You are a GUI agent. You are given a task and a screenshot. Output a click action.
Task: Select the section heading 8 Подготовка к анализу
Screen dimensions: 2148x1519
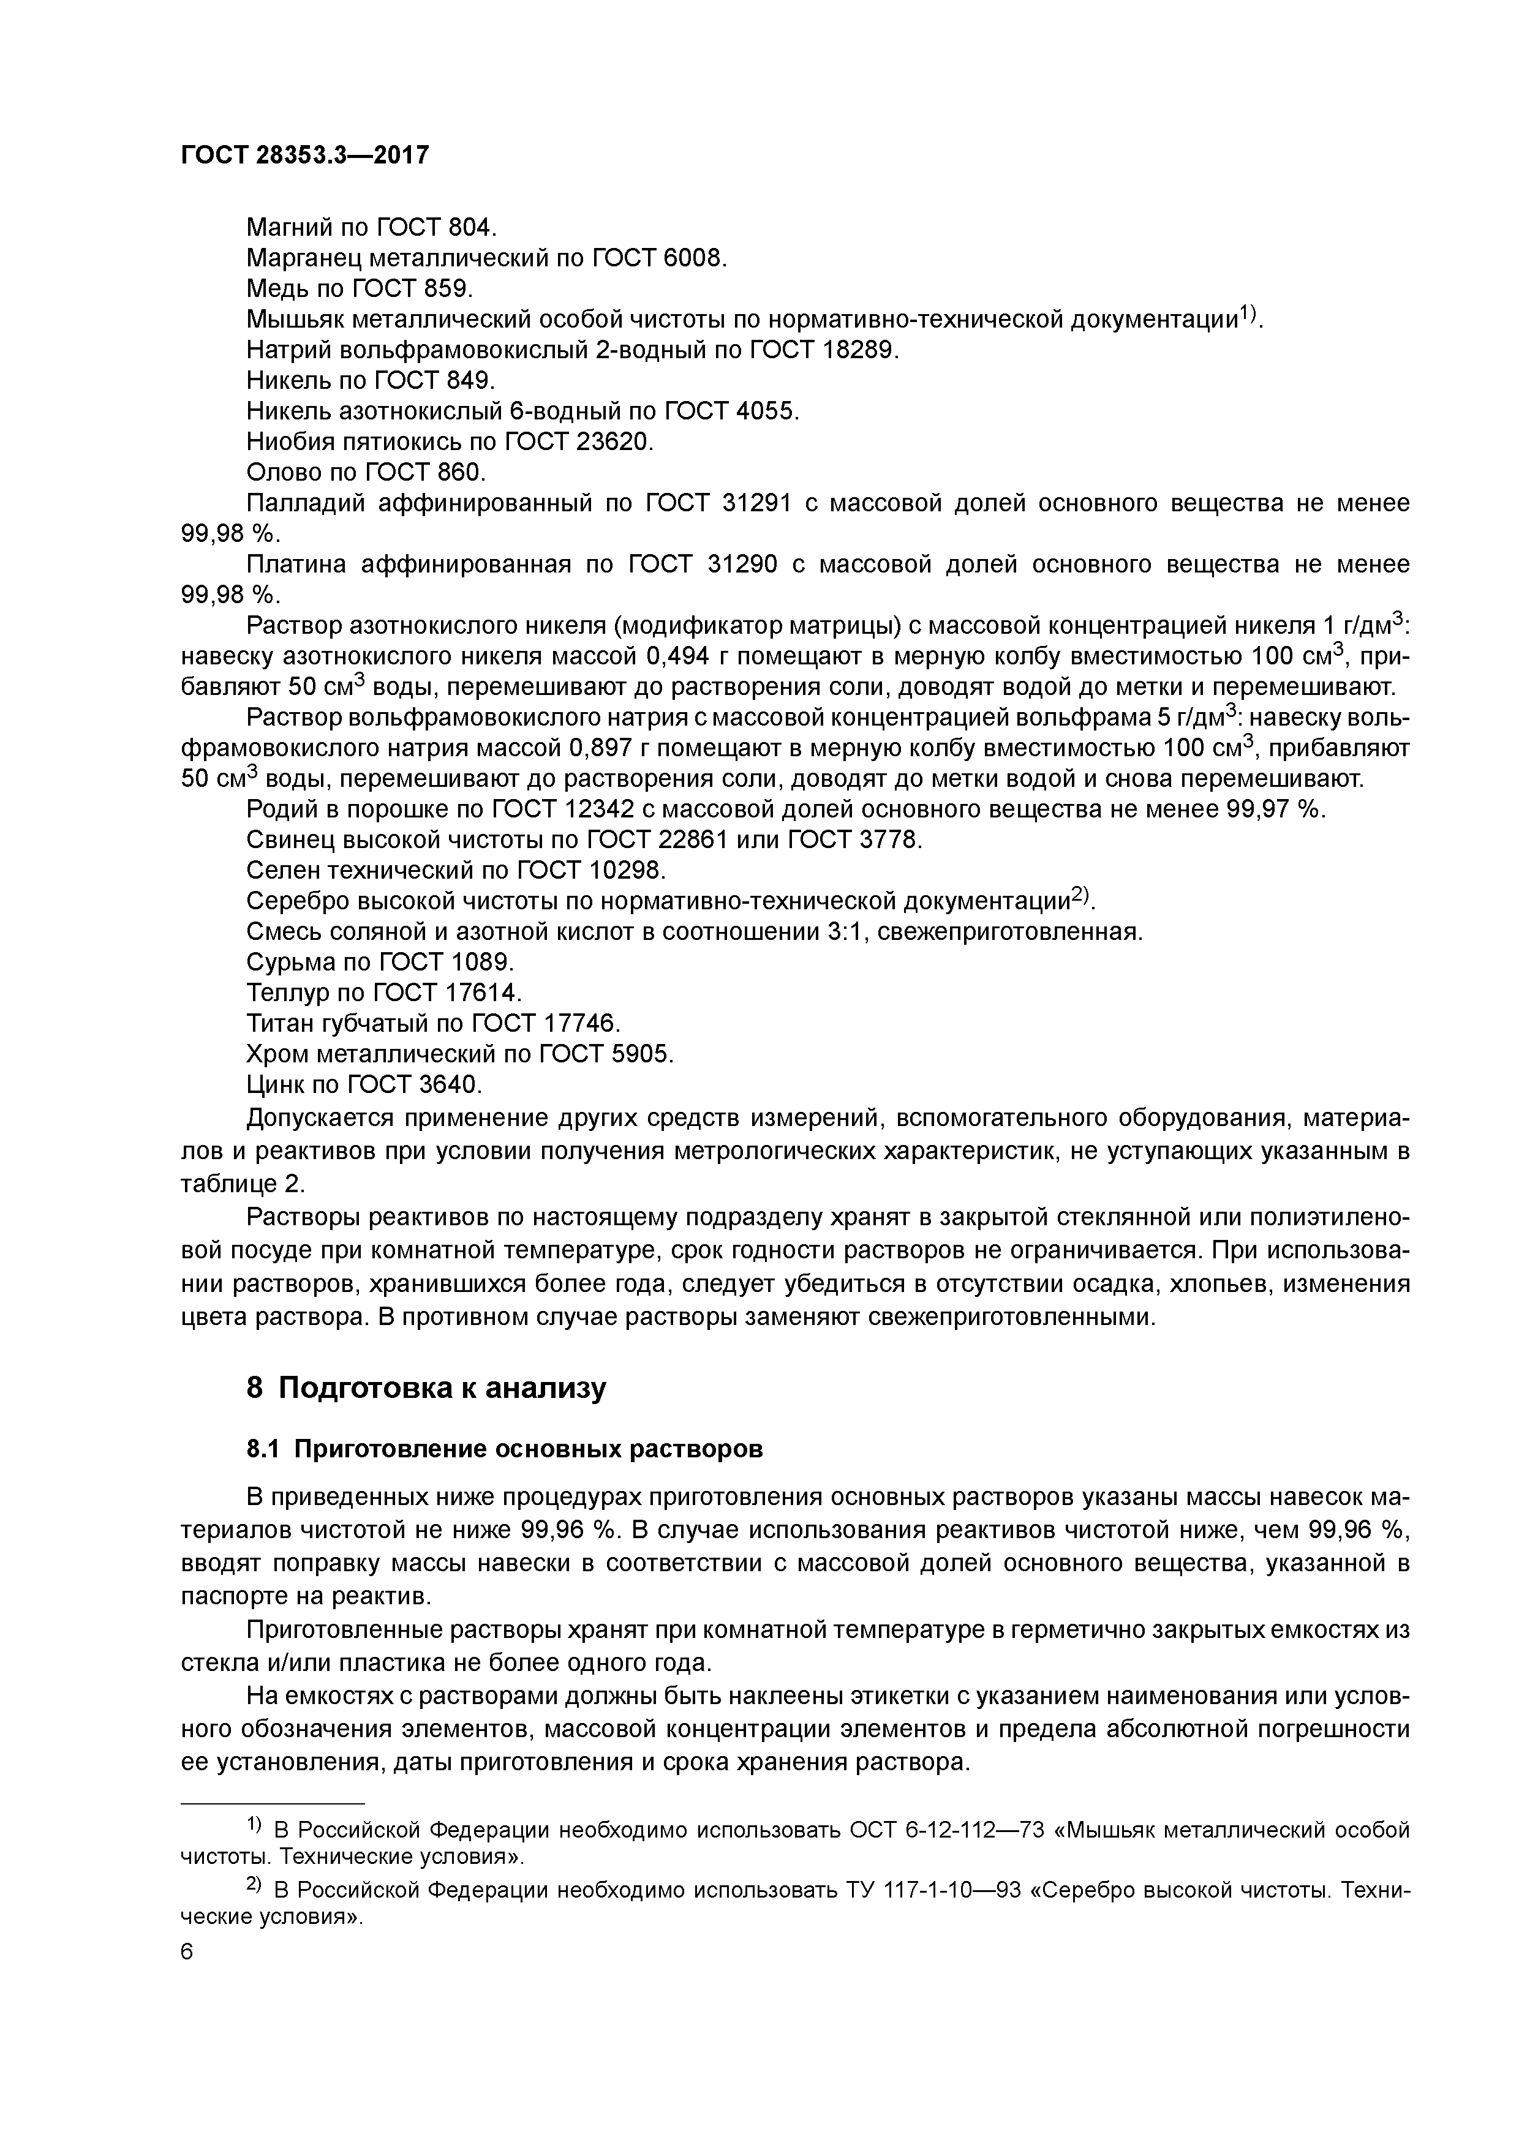(426, 1388)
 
